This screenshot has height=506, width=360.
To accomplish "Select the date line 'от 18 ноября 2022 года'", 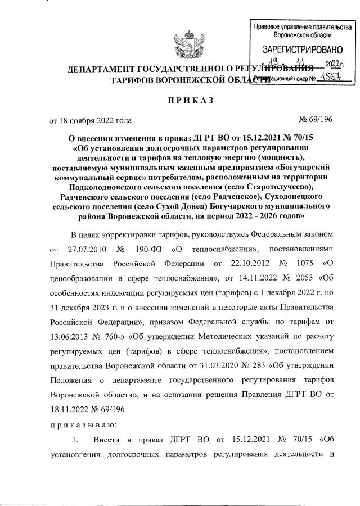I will (x=91, y=120).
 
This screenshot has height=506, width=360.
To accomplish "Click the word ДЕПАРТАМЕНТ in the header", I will (x=105, y=70).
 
